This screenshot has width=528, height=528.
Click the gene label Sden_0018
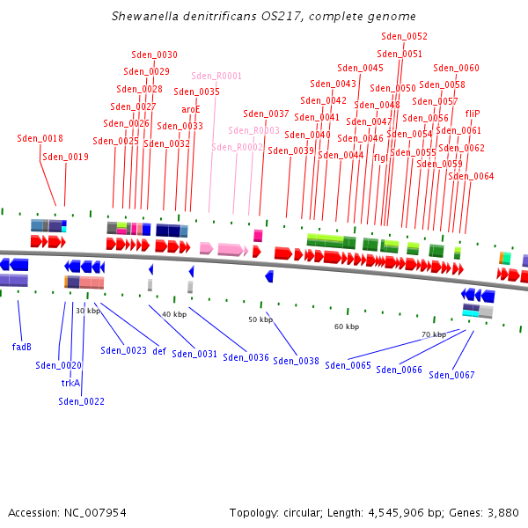coord(40,138)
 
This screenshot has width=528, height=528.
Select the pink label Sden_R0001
coord(216,77)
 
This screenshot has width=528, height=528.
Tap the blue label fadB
coord(22,347)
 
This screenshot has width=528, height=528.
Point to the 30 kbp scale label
coord(88,311)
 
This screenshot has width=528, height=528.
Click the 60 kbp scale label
coord(346,326)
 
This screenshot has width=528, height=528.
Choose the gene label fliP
coord(473,114)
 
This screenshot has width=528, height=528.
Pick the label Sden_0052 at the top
coord(404,36)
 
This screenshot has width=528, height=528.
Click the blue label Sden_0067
coord(451,375)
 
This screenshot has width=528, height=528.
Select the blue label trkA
coord(70,383)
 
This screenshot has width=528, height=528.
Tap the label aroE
coord(191,109)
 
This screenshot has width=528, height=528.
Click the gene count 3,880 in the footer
coord(502,512)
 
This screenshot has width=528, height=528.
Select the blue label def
coord(159,350)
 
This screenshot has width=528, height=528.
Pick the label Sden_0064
coord(471,176)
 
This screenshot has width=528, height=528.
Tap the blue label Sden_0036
coord(246,357)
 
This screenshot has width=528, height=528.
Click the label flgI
coord(380,158)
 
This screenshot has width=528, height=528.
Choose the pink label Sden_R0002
coord(237,147)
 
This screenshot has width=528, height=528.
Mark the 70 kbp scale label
coord(433,334)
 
